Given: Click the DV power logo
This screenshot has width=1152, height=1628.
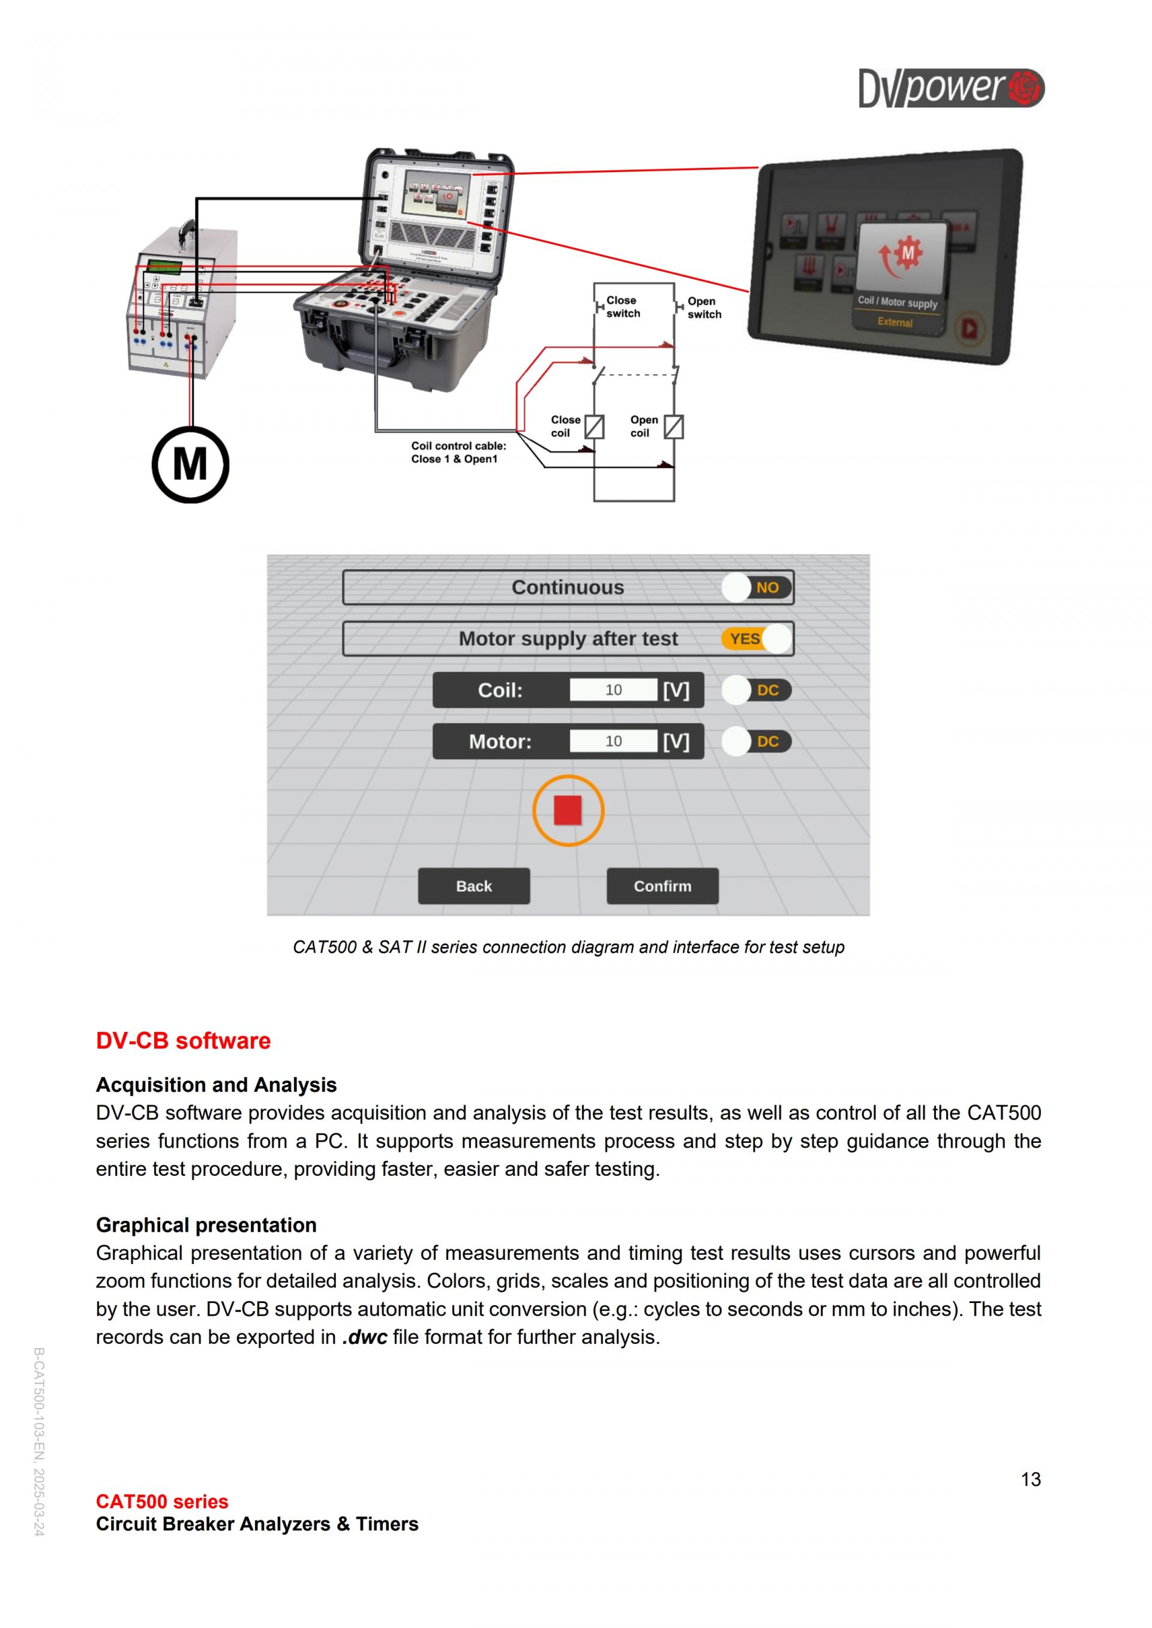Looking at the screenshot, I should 950,88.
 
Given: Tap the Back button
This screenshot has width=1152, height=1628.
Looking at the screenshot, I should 473,886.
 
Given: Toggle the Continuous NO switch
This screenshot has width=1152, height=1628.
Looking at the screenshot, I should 756,587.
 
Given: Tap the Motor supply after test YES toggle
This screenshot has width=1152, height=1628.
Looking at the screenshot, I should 756,638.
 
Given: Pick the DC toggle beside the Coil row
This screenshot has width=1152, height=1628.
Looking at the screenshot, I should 756,690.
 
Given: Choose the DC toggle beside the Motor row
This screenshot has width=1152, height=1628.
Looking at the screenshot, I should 756,741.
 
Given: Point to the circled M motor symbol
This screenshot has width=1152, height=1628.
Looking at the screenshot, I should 190,465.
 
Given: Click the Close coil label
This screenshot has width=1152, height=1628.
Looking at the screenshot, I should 565,426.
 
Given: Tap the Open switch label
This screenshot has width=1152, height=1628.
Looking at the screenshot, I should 704,308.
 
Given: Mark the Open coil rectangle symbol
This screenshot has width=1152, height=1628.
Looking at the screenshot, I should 673,427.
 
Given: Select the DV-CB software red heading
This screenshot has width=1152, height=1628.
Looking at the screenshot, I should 183,1040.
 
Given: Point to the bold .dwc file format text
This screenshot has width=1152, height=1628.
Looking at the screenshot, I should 365,1337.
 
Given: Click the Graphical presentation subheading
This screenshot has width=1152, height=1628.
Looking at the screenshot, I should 206,1224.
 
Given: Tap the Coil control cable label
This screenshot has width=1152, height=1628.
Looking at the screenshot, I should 458,452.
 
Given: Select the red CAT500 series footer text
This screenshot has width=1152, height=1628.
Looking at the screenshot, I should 162,1501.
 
